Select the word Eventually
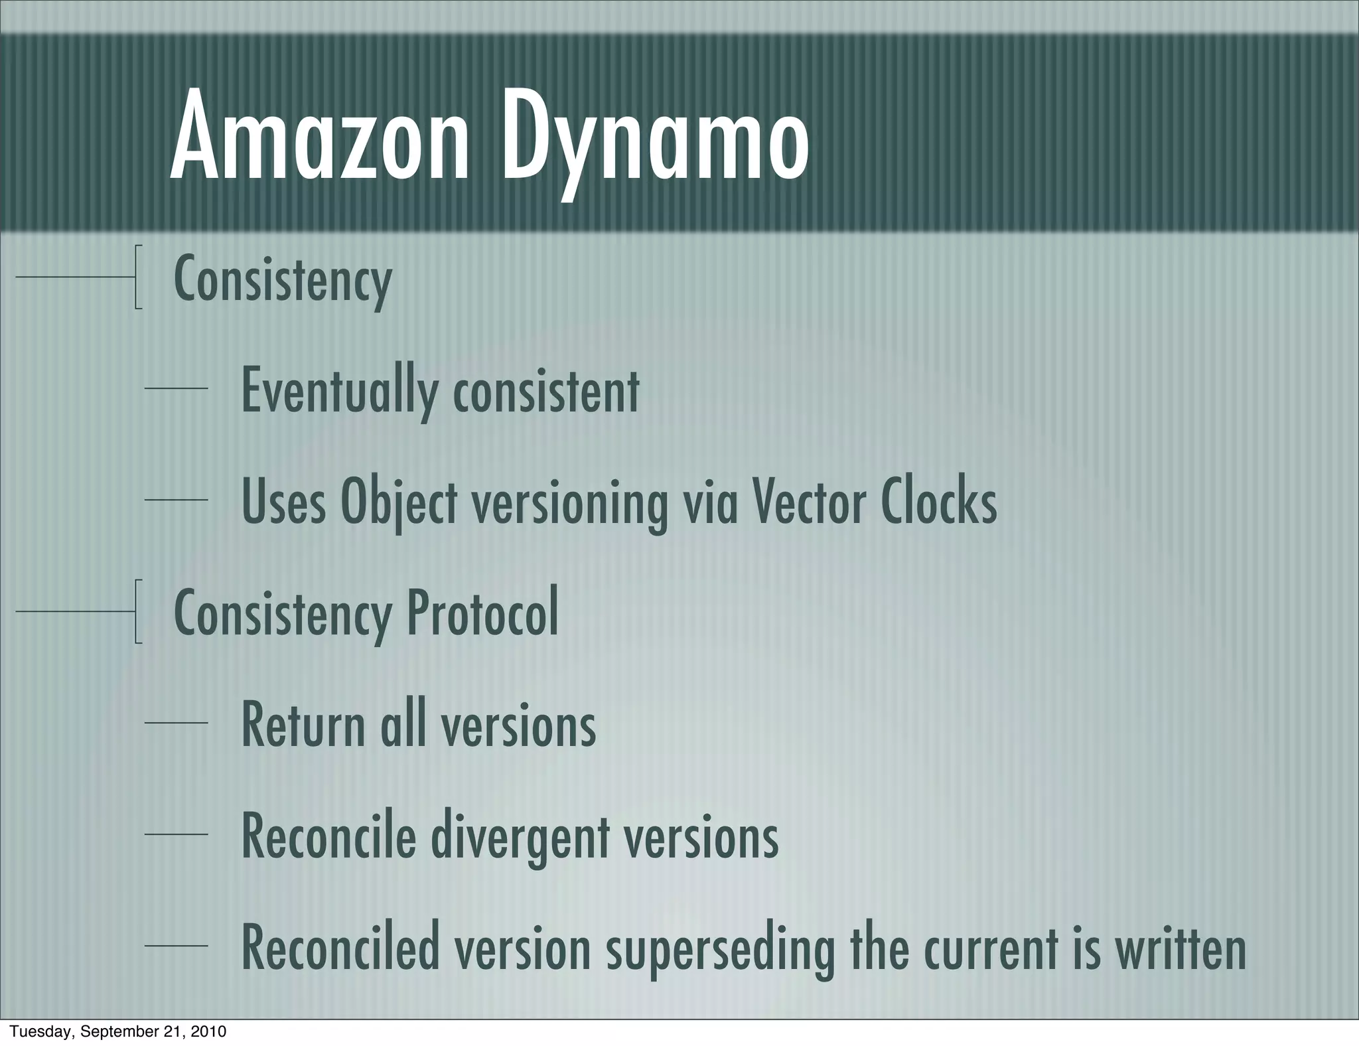point(338,391)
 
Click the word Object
point(398,503)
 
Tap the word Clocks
point(938,502)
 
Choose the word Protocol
point(482,613)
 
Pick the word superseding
point(720,950)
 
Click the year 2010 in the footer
point(208,1031)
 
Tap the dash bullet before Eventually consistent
point(176,388)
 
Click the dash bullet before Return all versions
point(176,722)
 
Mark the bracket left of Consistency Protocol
point(137,611)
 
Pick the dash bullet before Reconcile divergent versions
point(176,834)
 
